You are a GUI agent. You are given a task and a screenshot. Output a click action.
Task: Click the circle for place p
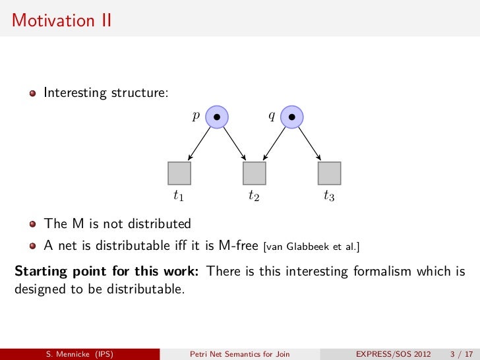point(217,117)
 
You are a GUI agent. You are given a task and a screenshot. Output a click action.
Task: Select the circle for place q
point(292,117)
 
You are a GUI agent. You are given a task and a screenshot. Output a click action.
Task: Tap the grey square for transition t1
point(179,173)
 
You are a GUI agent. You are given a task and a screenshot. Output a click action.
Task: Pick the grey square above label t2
point(255,173)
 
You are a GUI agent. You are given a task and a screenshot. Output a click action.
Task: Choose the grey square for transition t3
point(329,173)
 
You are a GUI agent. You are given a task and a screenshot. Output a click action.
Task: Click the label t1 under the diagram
point(179,196)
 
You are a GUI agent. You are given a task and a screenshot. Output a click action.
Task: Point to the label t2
point(254,196)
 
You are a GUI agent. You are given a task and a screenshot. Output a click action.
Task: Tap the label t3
point(329,196)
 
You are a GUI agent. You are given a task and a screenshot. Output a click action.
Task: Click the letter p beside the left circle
point(195,116)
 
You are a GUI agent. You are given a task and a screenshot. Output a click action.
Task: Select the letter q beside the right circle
point(271,116)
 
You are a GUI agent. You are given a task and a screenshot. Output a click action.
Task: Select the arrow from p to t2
point(234,144)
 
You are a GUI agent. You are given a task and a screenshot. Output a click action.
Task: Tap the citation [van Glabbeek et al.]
point(311,247)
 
